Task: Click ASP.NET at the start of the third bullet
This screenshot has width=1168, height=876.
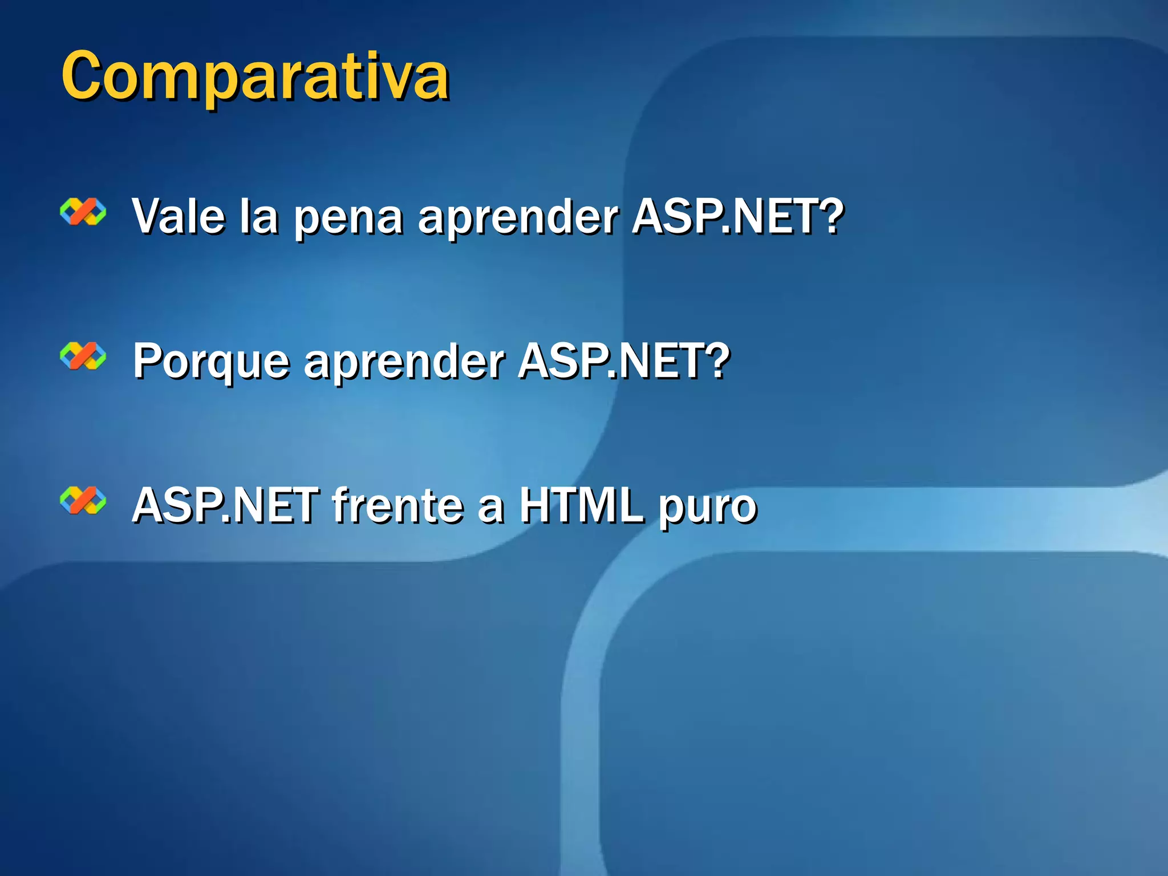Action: pyautogui.click(x=225, y=505)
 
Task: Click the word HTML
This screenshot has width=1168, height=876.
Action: pyautogui.click(x=582, y=505)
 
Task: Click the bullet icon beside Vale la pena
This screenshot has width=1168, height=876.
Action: pyautogui.click(x=83, y=212)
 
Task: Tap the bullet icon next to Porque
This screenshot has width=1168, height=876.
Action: pyautogui.click(x=83, y=356)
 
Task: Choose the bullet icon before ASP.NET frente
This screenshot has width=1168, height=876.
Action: pyautogui.click(x=83, y=501)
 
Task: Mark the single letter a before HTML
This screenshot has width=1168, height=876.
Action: pyautogui.click(x=491, y=509)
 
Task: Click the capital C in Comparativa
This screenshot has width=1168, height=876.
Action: pyautogui.click(x=86, y=76)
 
